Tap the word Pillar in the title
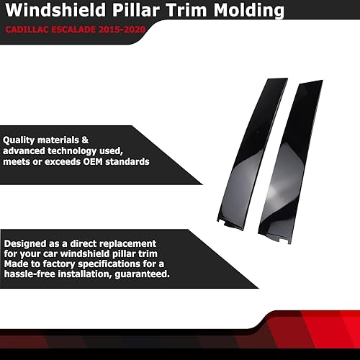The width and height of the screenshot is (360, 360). click(x=127, y=12)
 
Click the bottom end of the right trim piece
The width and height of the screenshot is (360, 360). click(x=285, y=238)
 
